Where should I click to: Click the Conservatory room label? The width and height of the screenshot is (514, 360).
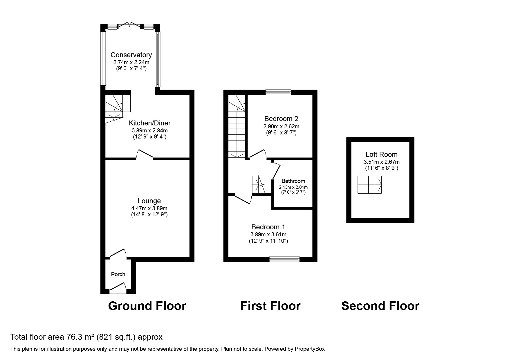131,55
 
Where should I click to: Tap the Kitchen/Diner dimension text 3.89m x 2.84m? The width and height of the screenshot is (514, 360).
149,131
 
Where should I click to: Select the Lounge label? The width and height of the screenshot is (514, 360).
149,201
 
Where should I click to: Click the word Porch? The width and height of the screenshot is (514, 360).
118,274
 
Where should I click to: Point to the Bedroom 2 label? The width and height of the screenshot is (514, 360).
281,119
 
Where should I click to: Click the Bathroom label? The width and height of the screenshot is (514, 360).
293,181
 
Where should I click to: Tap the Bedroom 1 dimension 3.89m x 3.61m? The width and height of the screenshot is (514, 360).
268,235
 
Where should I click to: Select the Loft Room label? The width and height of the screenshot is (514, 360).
381,154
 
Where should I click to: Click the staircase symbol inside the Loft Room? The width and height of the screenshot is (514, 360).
369,185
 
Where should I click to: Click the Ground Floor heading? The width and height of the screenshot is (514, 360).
147,306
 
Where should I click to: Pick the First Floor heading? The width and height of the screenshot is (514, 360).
270,306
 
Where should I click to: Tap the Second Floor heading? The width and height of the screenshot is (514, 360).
380,306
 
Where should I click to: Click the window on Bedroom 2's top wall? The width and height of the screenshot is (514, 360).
278,92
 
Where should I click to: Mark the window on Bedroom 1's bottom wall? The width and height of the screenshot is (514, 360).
284,259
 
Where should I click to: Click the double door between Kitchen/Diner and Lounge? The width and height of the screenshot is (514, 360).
145,155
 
